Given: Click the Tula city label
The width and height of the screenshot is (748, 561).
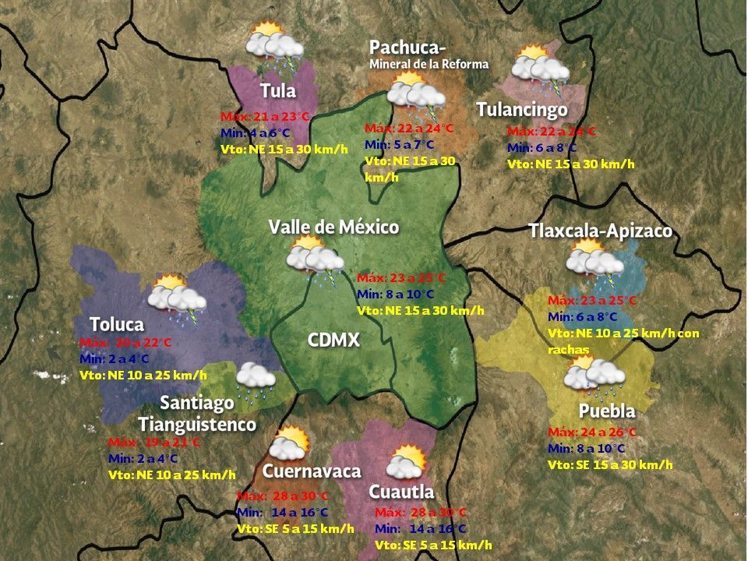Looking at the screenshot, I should coord(278,90).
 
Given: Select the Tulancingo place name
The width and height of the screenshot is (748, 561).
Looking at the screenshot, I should coord(521,110).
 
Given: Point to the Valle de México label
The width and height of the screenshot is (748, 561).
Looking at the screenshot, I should coord(333,227).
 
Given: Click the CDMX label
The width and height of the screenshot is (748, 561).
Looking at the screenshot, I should coord(333,340).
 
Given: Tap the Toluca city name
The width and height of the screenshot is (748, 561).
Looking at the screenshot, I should coord(117,323).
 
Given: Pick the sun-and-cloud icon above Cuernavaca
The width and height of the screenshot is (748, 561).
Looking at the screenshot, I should coord(288,443).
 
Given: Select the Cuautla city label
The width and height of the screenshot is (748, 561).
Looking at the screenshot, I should coord(401,492).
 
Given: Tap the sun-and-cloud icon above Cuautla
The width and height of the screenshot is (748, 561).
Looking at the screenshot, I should coord(408,462).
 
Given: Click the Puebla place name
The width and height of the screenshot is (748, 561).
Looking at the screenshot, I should coord(607,411).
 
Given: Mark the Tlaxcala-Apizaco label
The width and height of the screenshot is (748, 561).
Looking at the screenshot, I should coord(600,231).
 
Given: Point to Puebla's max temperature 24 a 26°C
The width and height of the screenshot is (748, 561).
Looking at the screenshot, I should coord(592,432).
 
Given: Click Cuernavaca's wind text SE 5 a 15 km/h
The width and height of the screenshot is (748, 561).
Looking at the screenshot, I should coord(295,528).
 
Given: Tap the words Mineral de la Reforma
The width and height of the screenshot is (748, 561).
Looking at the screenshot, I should coord(429,64).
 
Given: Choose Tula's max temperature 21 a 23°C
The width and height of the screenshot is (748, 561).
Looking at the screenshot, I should coord(265,117).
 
